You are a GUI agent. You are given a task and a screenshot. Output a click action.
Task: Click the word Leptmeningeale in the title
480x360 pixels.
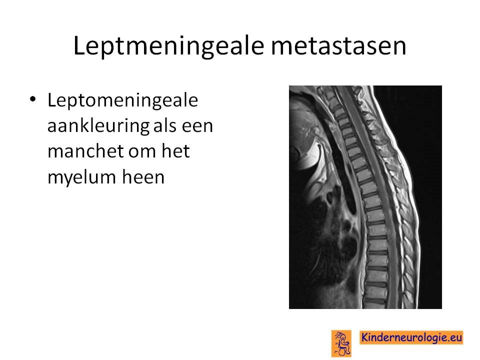[168, 46]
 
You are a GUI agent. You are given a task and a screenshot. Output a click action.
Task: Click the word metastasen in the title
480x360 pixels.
[338, 45]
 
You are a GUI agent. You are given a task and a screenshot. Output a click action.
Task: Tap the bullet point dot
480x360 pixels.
[33, 99]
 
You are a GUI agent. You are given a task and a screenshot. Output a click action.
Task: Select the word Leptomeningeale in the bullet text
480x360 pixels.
[123, 101]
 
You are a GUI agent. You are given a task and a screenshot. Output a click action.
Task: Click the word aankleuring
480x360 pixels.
[98, 126]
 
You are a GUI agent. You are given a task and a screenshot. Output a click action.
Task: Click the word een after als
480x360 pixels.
[197, 127]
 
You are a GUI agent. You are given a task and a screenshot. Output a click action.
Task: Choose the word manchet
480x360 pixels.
[85, 151]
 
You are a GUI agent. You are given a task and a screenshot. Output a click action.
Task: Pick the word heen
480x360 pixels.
[143, 177]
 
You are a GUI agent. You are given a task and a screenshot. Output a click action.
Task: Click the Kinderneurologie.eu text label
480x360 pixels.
[411, 337]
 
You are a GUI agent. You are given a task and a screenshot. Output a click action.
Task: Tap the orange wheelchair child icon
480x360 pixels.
[341, 343]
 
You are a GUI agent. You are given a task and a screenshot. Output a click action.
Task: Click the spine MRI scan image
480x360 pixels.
[365, 197]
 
